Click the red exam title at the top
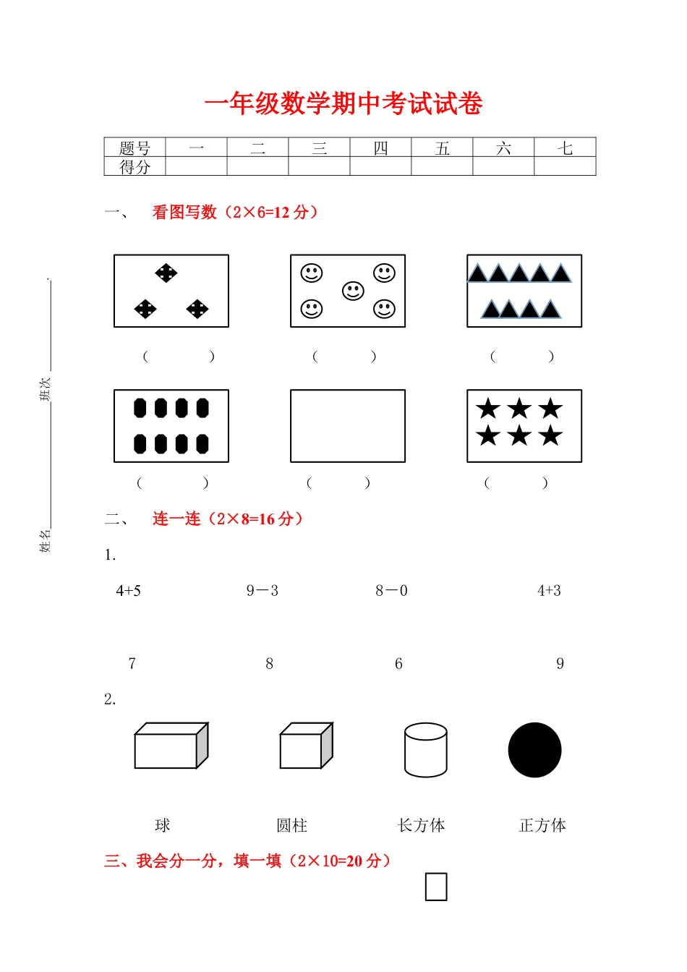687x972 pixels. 343,104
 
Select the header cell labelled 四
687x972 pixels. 380,148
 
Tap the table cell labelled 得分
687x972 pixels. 135,167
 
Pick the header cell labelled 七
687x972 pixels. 565,148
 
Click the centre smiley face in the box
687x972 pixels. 353,291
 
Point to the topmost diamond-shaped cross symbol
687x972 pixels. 166,273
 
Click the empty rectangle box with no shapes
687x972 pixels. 348,426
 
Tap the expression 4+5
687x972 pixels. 129,591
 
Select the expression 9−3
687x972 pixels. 262,591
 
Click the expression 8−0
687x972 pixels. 391,591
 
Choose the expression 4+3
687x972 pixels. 549,591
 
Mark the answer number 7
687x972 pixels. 132,664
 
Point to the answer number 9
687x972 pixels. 560,664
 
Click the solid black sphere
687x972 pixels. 534,750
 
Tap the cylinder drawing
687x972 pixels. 425,750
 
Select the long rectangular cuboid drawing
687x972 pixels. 171,746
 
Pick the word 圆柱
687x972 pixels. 292,825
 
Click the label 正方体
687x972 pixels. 542,825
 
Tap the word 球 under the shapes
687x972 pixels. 163,825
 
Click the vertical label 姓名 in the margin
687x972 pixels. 45,540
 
